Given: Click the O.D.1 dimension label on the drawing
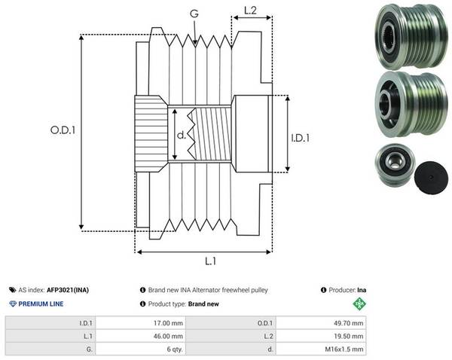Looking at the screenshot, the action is click(x=63, y=130).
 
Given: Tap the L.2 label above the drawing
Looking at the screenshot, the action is click(x=250, y=11).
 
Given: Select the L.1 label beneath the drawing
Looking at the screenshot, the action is click(x=210, y=261).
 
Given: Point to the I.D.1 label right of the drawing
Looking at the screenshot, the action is click(x=300, y=139).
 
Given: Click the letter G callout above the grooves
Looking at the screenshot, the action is click(x=194, y=14).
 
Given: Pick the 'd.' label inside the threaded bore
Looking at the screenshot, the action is click(x=182, y=135).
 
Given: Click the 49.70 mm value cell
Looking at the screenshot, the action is click(x=321, y=323).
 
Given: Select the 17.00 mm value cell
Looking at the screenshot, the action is click(x=141, y=323).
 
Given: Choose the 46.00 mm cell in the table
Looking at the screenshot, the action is click(x=141, y=336).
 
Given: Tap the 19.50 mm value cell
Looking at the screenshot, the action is click(x=321, y=336).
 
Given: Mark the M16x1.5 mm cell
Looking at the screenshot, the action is click(x=321, y=349).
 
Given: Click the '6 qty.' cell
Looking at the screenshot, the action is click(x=141, y=349).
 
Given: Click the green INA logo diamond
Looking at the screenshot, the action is click(x=359, y=304).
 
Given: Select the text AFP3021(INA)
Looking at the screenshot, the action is click(x=68, y=290).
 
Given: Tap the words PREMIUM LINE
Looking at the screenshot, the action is click(x=41, y=304).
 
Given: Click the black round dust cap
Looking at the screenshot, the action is click(x=431, y=178).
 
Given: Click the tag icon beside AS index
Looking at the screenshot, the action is click(x=12, y=290).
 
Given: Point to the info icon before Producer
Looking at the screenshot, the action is click(x=323, y=290).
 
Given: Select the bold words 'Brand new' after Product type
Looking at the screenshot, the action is click(x=203, y=304).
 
